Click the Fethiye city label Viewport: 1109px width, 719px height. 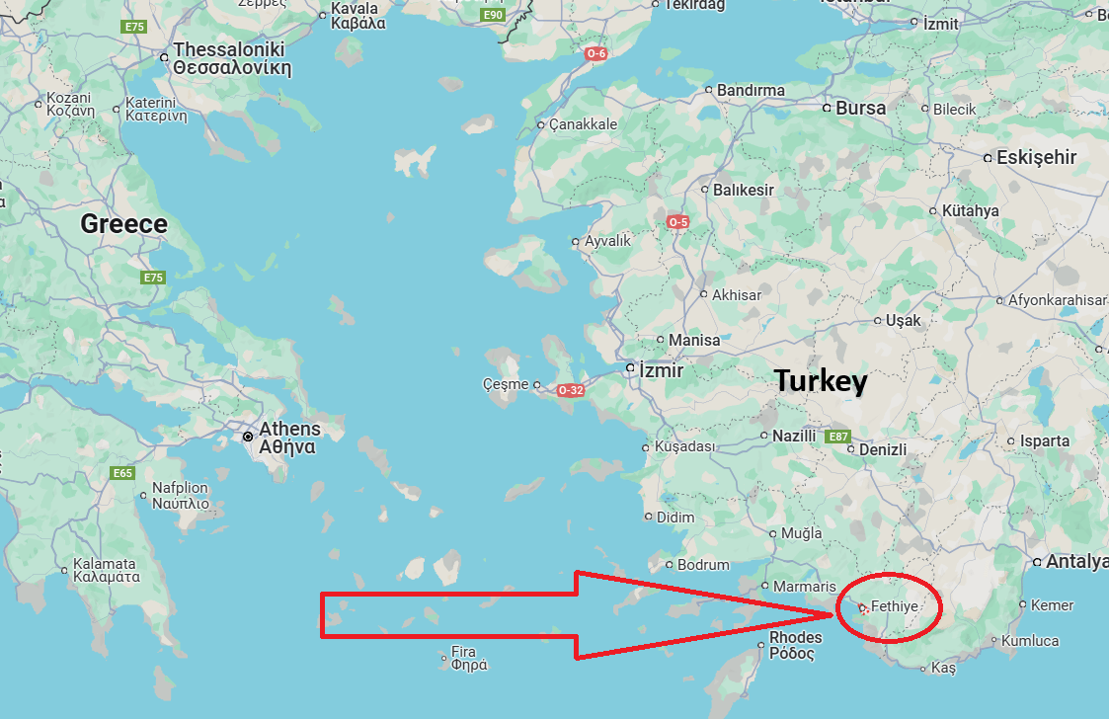click(x=895, y=606)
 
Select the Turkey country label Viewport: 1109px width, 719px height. click(x=821, y=381)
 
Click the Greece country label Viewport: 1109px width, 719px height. click(x=123, y=224)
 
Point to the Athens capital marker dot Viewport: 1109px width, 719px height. click(x=249, y=436)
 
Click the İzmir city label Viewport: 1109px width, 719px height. click(x=661, y=370)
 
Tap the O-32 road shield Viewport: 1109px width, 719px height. click(x=571, y=390)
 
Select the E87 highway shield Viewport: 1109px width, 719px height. click(x=838, y=437)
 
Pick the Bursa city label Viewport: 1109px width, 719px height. click(x=860, y=108)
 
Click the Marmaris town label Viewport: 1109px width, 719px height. click(x=805, y=587)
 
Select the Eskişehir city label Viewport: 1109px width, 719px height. click(x=1036, y=157)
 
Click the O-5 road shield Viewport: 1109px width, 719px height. click(x=677, y=222)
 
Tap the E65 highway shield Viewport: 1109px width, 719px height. click(x=122, y=474)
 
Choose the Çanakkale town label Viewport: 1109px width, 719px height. click(x=583, y=124)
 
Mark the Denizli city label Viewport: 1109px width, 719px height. click(x=883, y=449)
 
